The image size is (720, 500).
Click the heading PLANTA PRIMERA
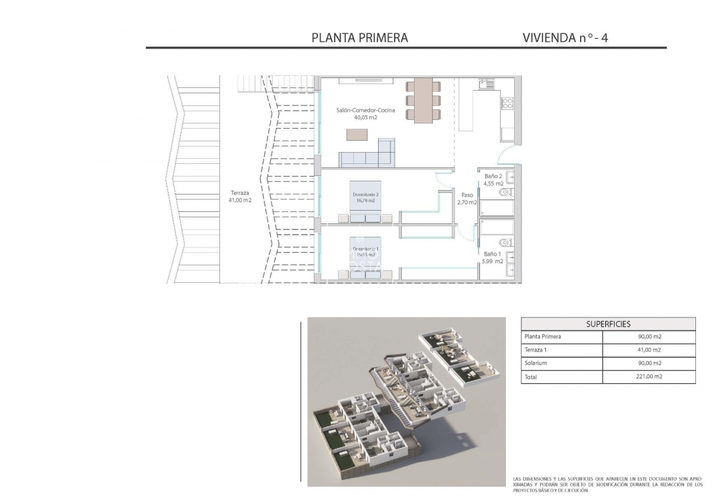click(359, 38)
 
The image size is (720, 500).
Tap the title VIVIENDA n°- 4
click(565, 38)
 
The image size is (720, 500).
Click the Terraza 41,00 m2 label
click(238, 196)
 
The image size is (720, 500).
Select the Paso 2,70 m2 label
click(466, 199)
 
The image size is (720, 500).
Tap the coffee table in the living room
click(355, 134)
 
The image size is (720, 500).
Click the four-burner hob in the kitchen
click(507, 103)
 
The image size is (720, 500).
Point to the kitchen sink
click(486, 84)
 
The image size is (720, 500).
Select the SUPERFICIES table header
click(608, 324)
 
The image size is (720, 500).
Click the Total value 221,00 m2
click(649, 377)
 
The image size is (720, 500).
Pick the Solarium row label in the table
click(536, 363)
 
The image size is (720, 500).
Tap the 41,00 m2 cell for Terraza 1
click(649, 350)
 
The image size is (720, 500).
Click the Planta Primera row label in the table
click(543, 337)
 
